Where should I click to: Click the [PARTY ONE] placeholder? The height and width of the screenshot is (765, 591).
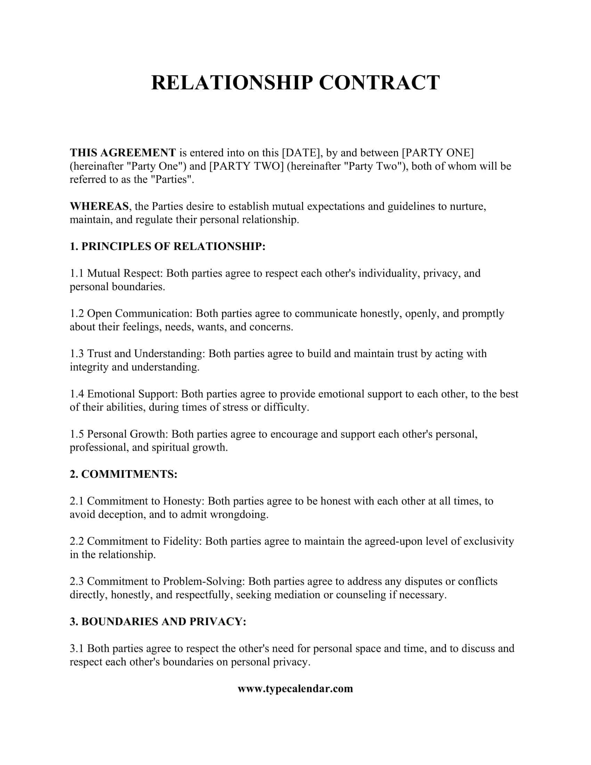pos(437,153)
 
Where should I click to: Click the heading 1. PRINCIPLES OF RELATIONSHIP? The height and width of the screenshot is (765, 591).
pos(167,246)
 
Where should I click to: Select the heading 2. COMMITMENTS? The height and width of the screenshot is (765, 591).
pos(123,474)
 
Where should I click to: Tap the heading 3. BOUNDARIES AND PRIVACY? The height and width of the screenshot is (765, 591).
pos(158,621)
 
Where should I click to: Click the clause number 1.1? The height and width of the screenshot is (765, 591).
pos(77,273)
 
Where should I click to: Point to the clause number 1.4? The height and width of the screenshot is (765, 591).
pos(77,394)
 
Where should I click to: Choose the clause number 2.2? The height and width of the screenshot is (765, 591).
pos(77,541)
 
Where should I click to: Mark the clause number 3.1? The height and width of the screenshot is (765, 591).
pos(77,649)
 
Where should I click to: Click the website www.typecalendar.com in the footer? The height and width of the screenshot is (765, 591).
pos(295,688)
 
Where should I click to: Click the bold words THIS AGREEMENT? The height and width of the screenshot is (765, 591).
pos(122,153)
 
